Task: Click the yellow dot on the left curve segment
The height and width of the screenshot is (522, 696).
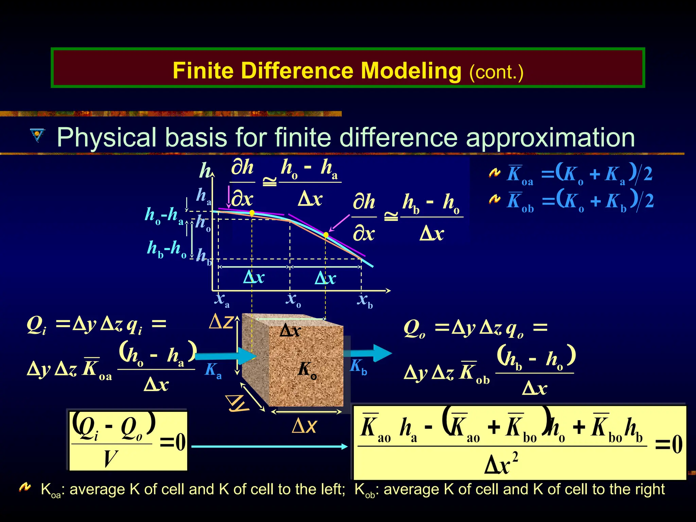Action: coord(252,213)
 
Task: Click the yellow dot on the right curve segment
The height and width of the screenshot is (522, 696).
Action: coord(326,235)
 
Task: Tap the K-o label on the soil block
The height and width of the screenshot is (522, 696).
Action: coord(307,369)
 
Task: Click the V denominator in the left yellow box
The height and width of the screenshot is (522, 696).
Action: coord(111,458)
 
